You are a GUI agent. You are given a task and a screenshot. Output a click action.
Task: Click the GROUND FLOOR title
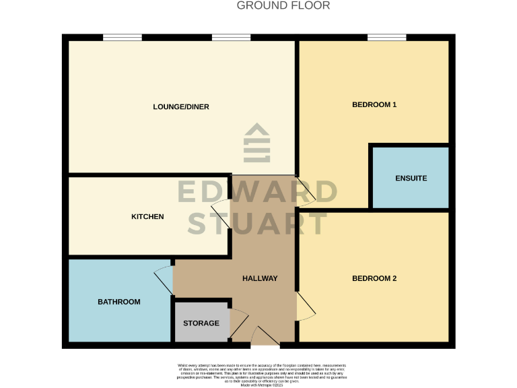[x=283, y=6]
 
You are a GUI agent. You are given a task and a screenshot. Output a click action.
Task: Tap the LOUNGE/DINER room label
[x=181, y=106]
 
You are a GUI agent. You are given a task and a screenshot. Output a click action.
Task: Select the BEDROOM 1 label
[x=374, y=104]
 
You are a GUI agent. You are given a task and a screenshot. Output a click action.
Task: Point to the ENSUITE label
[x=411, y=179]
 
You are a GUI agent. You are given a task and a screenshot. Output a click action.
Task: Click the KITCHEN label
[x=147, y=216]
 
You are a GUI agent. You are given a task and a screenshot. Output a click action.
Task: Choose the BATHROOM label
[x=119, y=302]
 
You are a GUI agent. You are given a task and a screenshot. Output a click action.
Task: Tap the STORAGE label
[x=201, y=323]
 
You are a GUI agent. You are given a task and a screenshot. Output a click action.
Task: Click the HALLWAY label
[x=260, y=278]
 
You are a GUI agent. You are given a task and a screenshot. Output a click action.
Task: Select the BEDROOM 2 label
[x=374, y=278]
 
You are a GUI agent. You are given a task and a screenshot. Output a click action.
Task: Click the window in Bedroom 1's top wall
[x=386, y=38]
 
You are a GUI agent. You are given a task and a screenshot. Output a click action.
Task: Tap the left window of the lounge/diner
[x=123, y=38]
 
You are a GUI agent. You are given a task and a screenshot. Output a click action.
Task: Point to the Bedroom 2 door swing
[x=306, y=307]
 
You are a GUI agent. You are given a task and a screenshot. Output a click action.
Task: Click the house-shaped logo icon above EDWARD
[x=257, y=142]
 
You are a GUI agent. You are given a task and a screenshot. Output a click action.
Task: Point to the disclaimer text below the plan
[x=258, y=373]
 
